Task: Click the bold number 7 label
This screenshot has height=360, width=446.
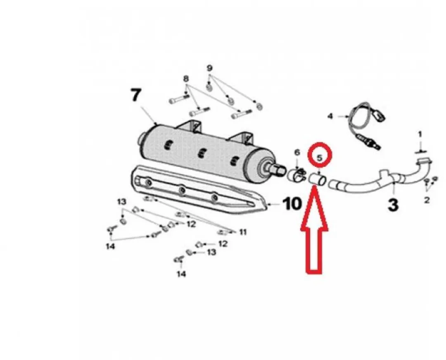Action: point(136,95)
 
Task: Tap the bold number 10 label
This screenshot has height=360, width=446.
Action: point(292,204)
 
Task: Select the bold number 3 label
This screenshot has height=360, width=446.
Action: point(393,205)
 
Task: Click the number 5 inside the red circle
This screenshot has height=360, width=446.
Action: point(319,157)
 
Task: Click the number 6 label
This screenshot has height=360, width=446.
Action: point(297,153)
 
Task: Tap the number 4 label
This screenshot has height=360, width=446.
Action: point(330,116)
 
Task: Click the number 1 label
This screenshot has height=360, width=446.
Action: point(420,134)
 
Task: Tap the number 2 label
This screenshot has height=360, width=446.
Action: point(427,200)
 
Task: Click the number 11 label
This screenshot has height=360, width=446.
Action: point(243,233)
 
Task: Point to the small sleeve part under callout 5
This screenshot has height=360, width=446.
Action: point(318,181)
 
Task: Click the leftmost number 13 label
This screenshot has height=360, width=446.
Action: point(122,202)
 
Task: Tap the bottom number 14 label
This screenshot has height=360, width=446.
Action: point(181,274)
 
